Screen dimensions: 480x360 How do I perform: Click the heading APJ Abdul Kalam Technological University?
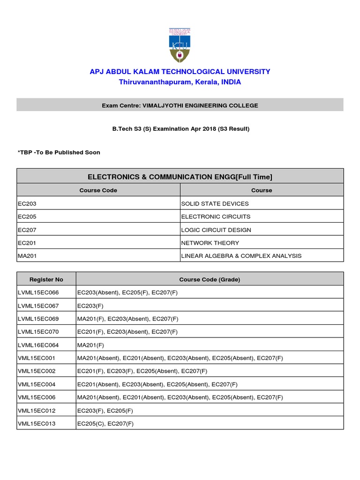[x=180, y=72]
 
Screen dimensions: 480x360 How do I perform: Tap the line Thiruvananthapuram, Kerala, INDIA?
[x=180, y=82]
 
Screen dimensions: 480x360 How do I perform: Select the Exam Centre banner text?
[x=180, y=105]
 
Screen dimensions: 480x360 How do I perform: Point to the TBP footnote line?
[x=59, y=152]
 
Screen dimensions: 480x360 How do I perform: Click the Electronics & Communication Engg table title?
[x=180, y=177]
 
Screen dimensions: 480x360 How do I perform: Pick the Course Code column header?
[x=98, y=190]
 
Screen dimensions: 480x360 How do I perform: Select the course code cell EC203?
[x=27, y=203]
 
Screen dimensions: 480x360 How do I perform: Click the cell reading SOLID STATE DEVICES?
[x=215, y=203]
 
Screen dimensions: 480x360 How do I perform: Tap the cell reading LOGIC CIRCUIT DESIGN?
[x=216, y=230]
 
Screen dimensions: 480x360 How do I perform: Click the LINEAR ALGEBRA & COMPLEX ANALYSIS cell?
[x=241, y=256]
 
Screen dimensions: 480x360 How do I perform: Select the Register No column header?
[x=46, y=279]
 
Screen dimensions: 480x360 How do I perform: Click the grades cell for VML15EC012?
[x=105, y=411]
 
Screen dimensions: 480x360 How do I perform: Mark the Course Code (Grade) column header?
[x=210, y=279]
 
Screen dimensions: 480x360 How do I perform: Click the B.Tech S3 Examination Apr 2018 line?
[x=180, y=129]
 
